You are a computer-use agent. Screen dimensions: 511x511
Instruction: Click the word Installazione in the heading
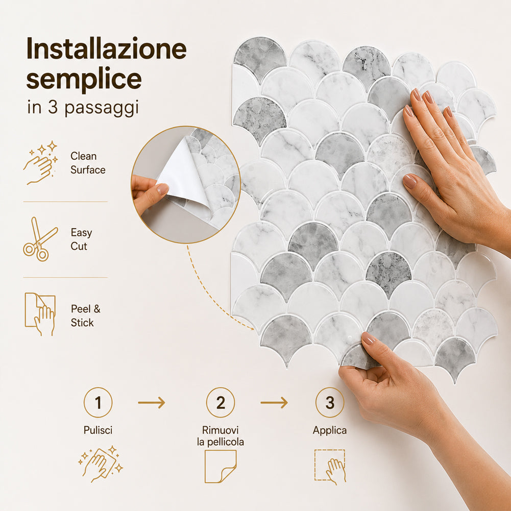pyautogui.click(x=107, y=48)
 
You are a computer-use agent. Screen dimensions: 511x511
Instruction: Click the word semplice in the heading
pyautogui.click(x=84, y=80)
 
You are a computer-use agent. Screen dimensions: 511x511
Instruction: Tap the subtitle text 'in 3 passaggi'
pyautogui.click(x=83, y=108)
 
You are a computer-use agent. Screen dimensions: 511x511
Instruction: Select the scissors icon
pyautogui.click(x=40, y=239)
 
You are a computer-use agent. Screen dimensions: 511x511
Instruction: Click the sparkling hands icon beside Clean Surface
pyautogui.click(x=40, y=163)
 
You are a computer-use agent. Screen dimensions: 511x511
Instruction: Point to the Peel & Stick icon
pyautogui.click(x=40, y=314)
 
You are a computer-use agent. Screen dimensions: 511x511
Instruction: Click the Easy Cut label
pyautogui.click(x=82, y=239)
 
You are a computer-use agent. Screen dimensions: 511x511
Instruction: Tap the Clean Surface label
pyautogui.click(x=88, y=163)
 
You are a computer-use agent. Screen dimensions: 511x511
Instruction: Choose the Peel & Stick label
pyautogui.click(x=86, y=315)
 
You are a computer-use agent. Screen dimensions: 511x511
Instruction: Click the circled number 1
pyautogui.click(x=98, y=402)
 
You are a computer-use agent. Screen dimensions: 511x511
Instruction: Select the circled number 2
pyautogui.click(x=221, y=402)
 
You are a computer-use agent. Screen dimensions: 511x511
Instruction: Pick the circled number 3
pyautogui.click(x=330, y=402)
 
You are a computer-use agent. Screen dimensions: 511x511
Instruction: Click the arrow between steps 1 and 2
pyautogui.click(x=152, y=402)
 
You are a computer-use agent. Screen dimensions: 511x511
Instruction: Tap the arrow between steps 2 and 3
pyautogui.click(x=274, y=402)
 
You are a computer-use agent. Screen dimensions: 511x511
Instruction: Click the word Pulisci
pyautogui.click(x=98, y=430)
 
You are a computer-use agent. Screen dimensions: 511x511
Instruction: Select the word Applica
pyautogui.click(x=330, y=430)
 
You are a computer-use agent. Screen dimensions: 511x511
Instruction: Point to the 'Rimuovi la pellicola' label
pyautogui.click(x=221, y=436)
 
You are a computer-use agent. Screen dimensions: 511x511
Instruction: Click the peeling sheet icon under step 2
pyautogui.click(x=221, y=467)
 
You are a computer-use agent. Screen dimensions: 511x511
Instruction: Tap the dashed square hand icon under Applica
pyautogui.click(x=330, y=467)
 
